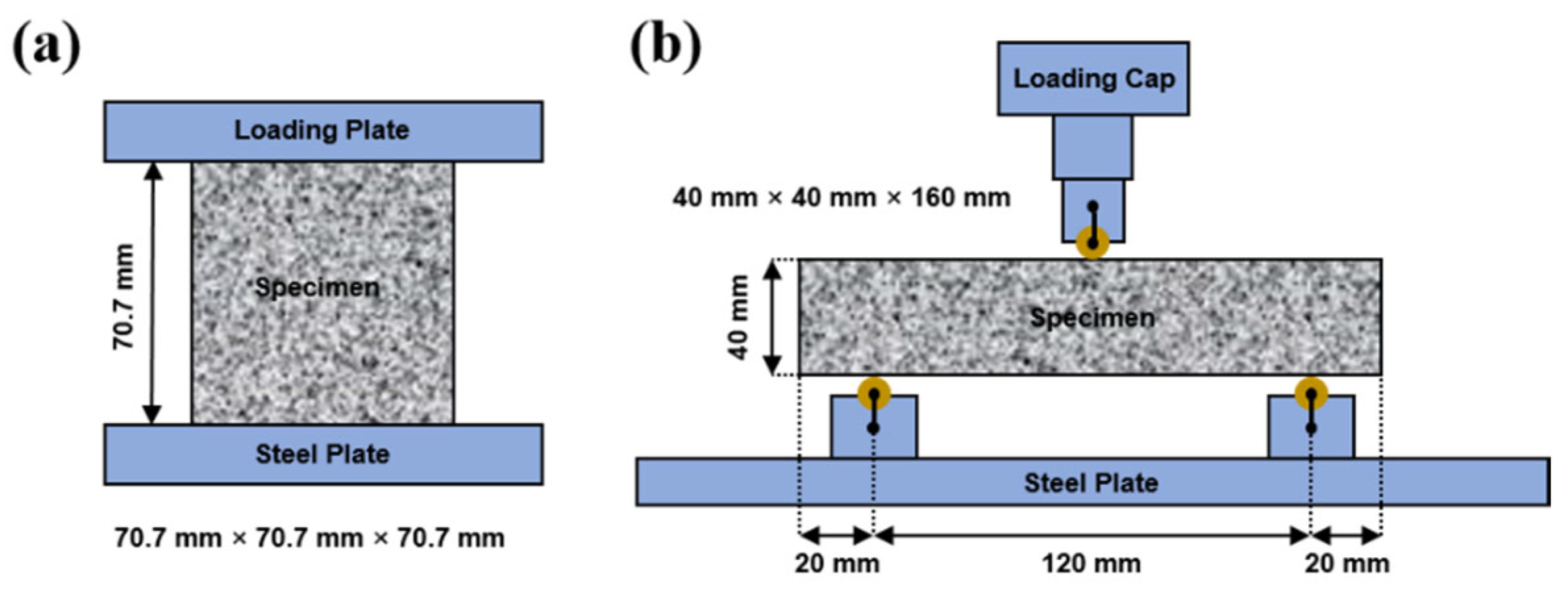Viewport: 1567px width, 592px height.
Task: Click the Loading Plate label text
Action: point(321,130)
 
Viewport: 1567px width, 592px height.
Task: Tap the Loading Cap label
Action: point(1093,79)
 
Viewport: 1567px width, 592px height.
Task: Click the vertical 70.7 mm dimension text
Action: point(123,296)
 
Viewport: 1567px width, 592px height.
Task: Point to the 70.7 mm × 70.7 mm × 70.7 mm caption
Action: point(309,538)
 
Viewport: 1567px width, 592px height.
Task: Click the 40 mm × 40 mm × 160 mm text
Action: point(841,197)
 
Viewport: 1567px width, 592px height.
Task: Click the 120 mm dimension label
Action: point(1091,564)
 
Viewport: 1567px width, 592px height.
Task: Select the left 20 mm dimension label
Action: point(836,564)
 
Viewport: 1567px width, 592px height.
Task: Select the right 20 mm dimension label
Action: point(1347,564)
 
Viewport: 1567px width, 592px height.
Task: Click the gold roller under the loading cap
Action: point(1092,243)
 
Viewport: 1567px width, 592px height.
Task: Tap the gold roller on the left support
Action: point(874,394)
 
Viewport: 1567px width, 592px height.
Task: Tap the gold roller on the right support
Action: point(1311,394)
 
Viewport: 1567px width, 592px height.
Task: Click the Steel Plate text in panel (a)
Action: point(322,455)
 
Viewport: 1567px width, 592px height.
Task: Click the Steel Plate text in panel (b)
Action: point(1091,483)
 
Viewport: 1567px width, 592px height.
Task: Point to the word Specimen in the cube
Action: point(317,287)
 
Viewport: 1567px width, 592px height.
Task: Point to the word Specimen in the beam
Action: point(1092,318)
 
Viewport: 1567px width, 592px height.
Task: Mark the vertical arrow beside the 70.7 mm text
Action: point(153,293)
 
